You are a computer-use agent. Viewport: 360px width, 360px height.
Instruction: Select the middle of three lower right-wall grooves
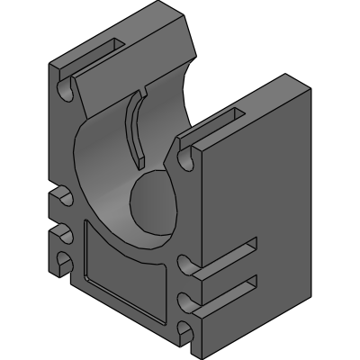click(186, 298)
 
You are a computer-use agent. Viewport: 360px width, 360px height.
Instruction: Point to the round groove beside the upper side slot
click(186, 264)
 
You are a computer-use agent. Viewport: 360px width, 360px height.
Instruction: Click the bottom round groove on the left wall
click(64, 263)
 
